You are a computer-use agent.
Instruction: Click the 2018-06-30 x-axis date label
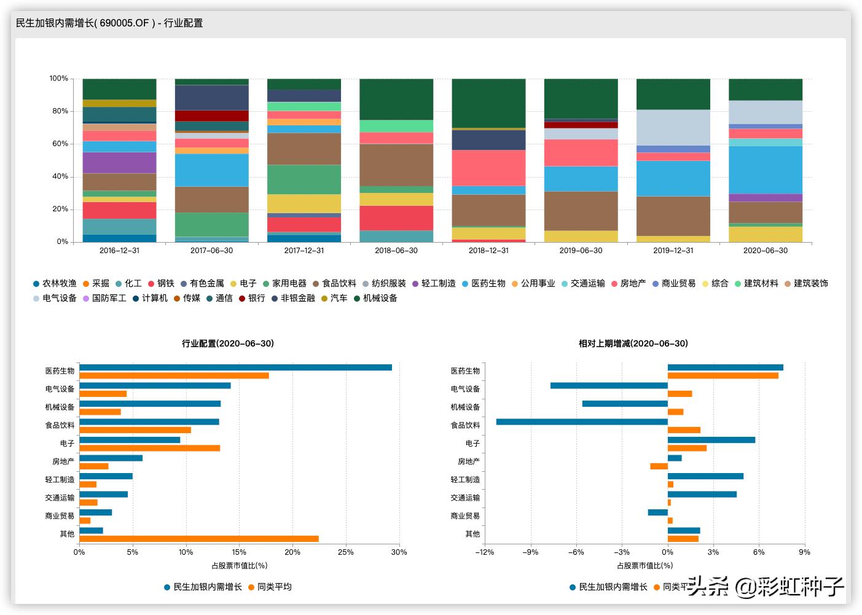396,251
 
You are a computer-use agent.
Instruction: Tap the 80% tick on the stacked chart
59,111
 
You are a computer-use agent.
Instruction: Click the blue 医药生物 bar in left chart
235,367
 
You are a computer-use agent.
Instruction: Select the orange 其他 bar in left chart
199,539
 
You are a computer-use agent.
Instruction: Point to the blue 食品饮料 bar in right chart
582,422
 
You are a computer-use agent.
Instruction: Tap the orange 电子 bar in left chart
150,448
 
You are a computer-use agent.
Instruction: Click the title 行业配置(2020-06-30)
228,343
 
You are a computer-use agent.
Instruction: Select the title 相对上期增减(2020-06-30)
633,343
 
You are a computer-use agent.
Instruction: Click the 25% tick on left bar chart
346,552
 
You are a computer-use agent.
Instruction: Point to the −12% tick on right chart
484,552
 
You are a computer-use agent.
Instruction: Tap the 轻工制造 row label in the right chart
465,480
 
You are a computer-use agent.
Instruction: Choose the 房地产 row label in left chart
63,461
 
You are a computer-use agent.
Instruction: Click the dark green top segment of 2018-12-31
488,103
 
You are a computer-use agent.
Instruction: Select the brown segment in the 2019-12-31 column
673,216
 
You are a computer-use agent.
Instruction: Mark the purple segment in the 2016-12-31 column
119,163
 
